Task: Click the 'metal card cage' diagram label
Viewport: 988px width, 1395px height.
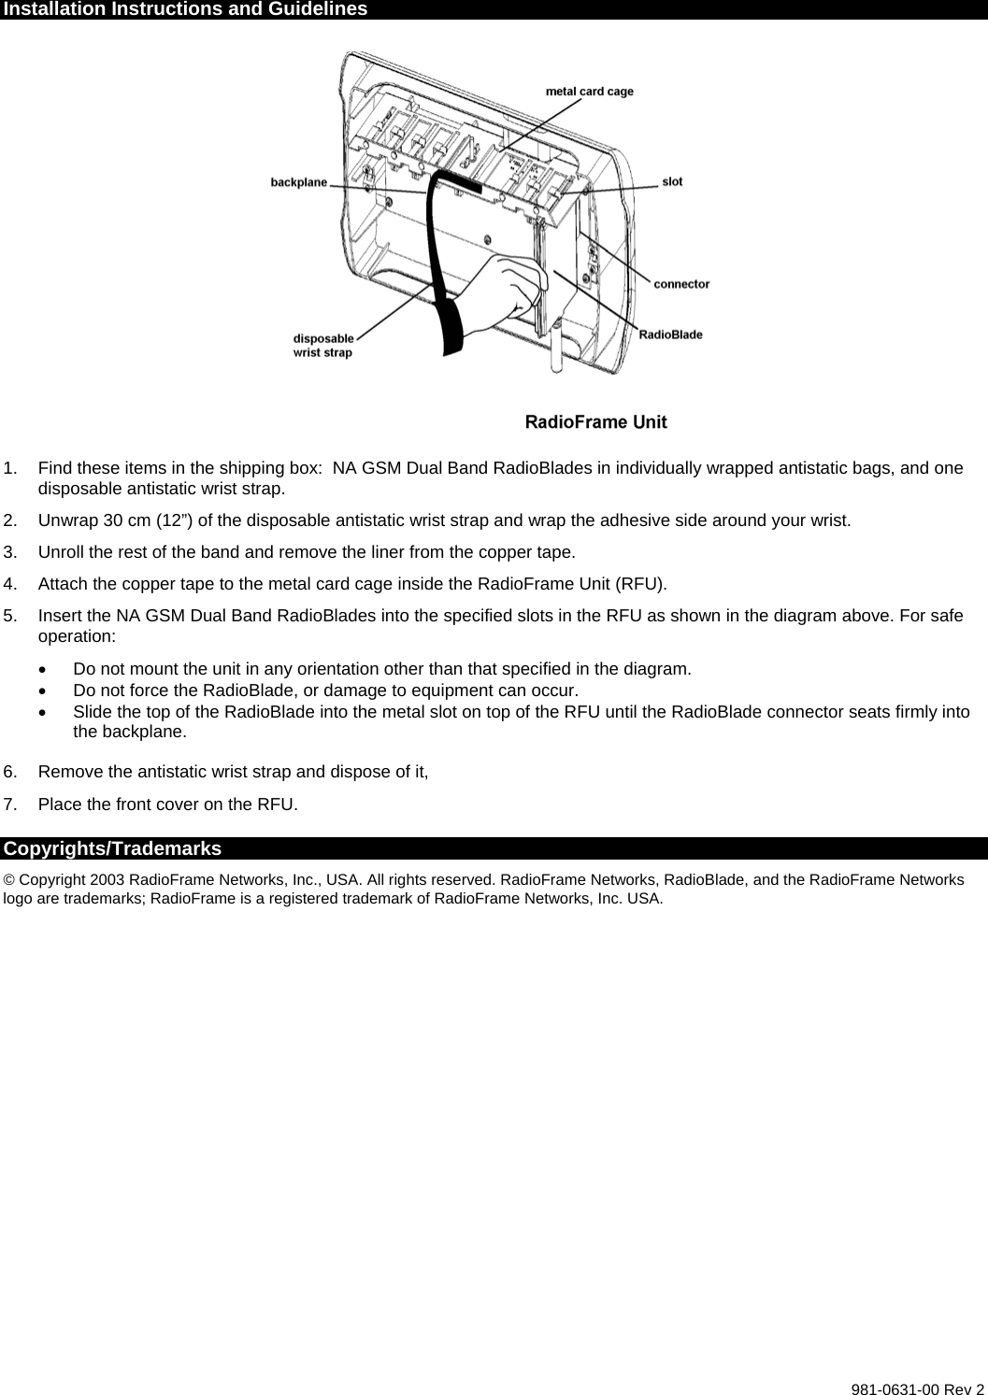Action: [589, 92]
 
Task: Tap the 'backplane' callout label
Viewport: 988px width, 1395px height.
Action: [299, 182]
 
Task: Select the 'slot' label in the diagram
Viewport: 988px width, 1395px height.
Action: [672, 181]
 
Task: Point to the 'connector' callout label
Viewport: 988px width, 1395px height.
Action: [681, 284]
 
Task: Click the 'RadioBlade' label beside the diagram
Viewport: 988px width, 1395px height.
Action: [670, 335]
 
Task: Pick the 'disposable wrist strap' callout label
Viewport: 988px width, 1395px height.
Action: [323, 346]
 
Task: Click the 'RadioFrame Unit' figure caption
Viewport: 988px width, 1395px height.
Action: [595, 422]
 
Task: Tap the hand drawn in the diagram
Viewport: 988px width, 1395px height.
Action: [505, 290]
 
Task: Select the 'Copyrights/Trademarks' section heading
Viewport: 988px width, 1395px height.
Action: [112, 848]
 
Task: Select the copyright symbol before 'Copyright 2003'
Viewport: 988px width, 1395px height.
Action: [9, 880]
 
